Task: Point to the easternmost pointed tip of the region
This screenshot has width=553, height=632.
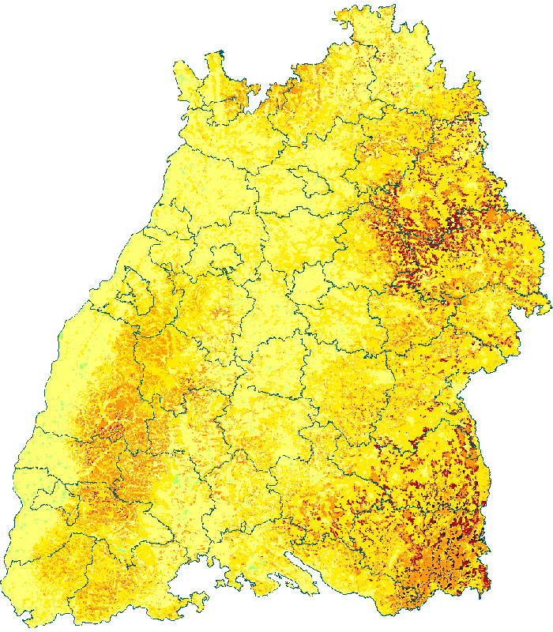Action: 549,302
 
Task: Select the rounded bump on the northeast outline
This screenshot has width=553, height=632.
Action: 474,79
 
